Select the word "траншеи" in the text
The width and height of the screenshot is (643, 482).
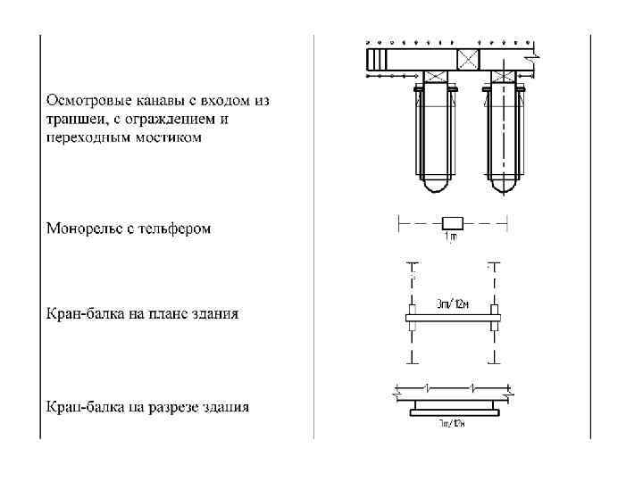click(76, 119)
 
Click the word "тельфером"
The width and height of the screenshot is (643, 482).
click(176, 229)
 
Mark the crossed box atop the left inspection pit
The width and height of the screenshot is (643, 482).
click(436, 78)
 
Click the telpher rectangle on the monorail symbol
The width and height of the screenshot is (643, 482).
click(452, 222)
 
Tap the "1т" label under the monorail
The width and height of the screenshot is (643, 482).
click(451, 237)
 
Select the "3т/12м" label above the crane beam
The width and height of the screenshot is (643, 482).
click(452, 304)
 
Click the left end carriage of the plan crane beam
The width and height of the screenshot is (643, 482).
click(413, 317)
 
